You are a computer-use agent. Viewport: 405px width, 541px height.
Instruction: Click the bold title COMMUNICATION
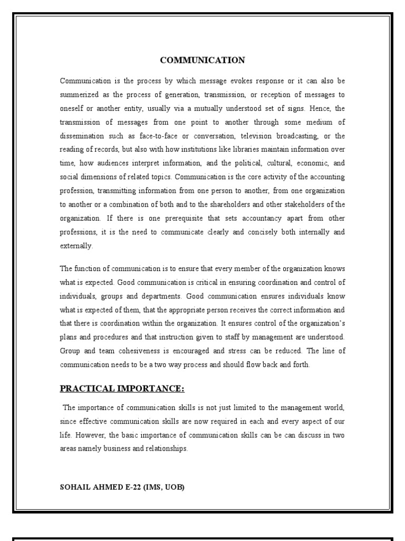(x=202, y=60)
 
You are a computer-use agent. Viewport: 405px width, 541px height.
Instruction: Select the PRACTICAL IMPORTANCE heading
(x=122, y=389)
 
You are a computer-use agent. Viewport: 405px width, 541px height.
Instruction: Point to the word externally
(x=76, y=246)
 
